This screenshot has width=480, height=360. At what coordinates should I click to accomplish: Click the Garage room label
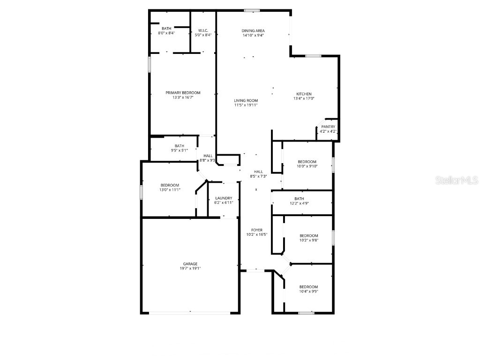190,263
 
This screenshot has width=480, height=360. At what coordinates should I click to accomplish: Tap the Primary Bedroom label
183,93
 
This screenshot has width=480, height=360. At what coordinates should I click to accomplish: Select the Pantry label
328,127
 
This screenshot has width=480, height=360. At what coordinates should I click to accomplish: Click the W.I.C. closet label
203,30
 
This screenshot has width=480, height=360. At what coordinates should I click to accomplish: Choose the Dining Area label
253,30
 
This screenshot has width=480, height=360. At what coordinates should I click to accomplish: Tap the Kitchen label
304,94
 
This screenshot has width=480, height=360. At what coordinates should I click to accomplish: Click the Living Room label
246,100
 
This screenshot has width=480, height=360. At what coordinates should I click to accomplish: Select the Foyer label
256,230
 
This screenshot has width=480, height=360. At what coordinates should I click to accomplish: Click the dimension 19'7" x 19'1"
190,269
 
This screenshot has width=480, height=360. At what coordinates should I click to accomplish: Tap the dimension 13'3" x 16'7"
183,98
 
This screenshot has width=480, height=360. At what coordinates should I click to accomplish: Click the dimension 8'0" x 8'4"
166,33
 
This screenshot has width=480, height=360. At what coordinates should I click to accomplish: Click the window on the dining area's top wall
252,10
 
